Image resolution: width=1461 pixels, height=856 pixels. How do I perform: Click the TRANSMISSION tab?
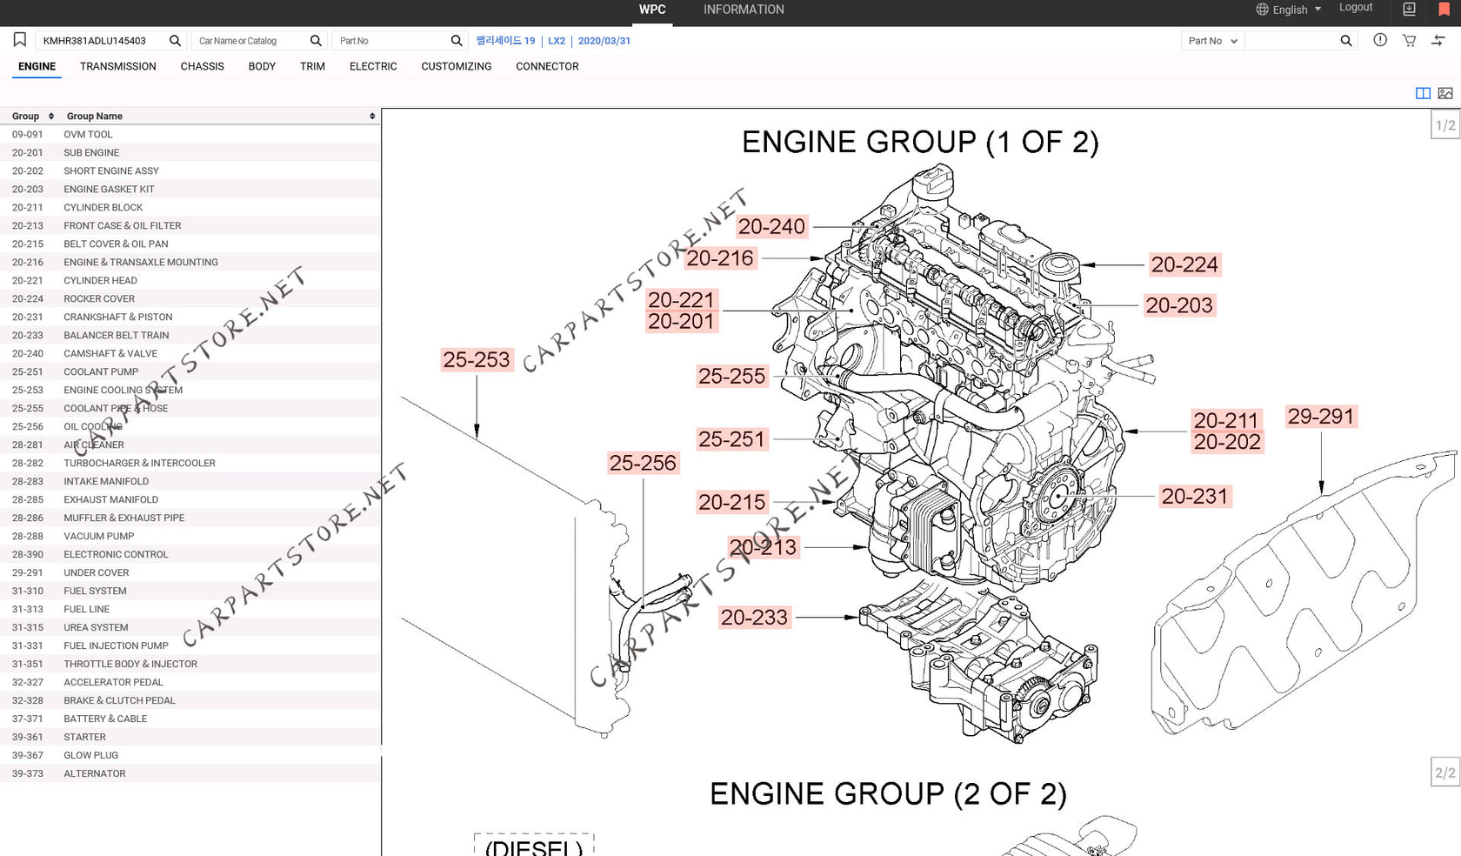coord(117,66)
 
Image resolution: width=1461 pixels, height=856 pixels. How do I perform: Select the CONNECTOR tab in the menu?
coord(547,66)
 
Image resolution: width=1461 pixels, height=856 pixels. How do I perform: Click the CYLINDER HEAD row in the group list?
coord(100,280)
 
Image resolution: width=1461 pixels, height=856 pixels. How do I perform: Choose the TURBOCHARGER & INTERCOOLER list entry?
coord(139,463)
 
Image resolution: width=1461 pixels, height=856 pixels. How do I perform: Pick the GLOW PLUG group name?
coord(90,755)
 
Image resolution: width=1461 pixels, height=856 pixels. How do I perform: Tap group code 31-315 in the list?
coord(28,627)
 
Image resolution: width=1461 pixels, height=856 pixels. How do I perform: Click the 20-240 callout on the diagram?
coord(771,227)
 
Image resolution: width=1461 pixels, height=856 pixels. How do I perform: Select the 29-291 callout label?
coord(1320,417)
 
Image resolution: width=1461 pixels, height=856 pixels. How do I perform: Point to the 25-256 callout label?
coord(642,463)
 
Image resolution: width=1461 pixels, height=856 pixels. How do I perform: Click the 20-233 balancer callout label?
coord(754,618)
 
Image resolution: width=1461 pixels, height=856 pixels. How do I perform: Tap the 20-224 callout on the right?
coord(1184,264)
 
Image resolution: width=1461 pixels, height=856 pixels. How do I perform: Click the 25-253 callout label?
coord(476,360)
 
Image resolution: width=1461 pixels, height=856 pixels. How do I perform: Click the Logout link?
coord(1355,8)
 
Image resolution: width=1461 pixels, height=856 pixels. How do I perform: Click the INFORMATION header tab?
coord(744,10)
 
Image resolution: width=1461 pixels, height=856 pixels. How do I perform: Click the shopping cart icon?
coord(1409,41)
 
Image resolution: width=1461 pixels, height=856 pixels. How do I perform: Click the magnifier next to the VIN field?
coord(175,41)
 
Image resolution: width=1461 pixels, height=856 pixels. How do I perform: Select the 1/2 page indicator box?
coord(1444,125)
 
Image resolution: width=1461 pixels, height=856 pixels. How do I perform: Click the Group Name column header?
coord(95,116)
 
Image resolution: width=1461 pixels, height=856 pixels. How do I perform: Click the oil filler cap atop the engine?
coord(932,181)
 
